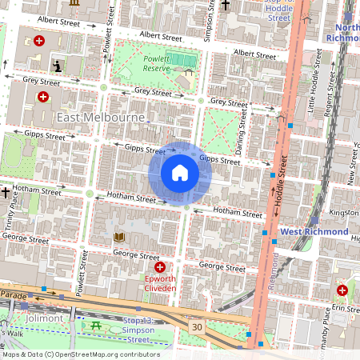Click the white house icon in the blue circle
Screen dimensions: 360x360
[180, 173]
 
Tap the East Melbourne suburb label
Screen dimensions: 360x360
[101, 118]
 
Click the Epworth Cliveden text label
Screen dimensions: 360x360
[160, 286]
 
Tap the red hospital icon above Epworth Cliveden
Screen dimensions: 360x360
[160, 267]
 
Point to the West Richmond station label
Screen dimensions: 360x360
[314, 231]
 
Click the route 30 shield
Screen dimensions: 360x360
[196, 326]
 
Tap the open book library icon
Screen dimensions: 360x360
[119, 238]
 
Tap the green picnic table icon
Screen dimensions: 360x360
[96, 325]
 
